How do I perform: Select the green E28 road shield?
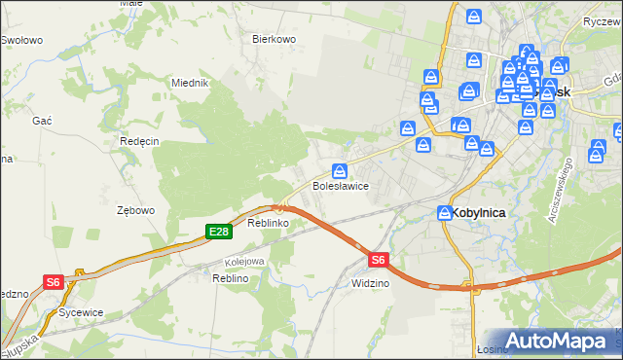click(218, 232)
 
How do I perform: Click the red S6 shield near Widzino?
click(379, 260)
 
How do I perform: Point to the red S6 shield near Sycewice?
click(54, 282)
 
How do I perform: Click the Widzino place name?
click(370, 283)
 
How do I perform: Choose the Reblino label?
click(231, 278)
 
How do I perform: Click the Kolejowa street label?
click(245, 261)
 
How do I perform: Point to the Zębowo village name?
click(136, 210)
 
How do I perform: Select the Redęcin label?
click(139, 141)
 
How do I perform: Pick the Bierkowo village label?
click(274, 40)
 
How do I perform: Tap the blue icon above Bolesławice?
click(339, 171)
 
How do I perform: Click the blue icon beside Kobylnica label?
click(445, 212)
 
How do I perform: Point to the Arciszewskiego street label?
click(565, 189)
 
